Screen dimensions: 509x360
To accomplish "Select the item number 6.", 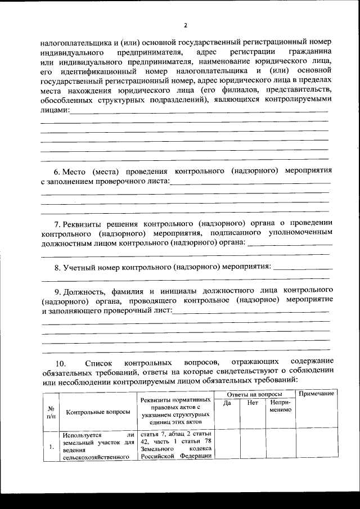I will pos(56,170).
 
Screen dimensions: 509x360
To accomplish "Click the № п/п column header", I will pos(51,412).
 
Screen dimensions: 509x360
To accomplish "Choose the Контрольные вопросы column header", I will pos(98,412).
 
